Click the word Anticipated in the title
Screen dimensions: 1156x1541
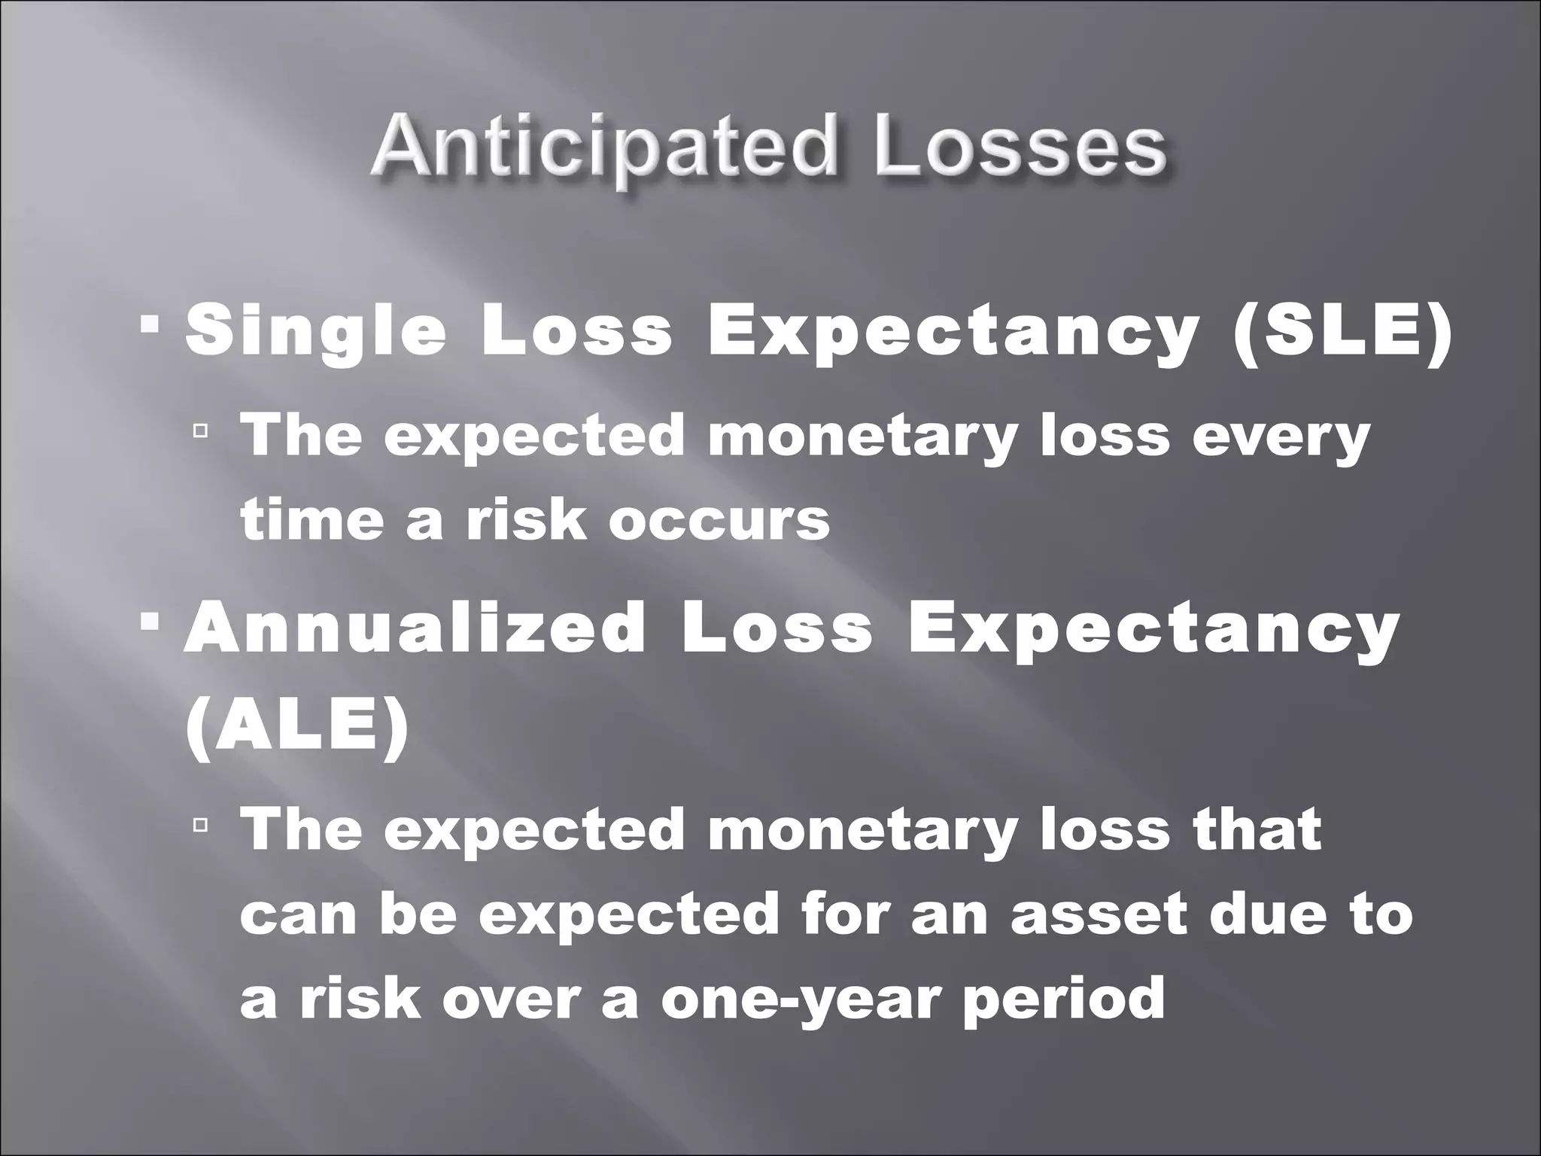point(602,151)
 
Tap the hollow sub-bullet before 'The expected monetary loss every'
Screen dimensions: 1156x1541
point(199,431)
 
